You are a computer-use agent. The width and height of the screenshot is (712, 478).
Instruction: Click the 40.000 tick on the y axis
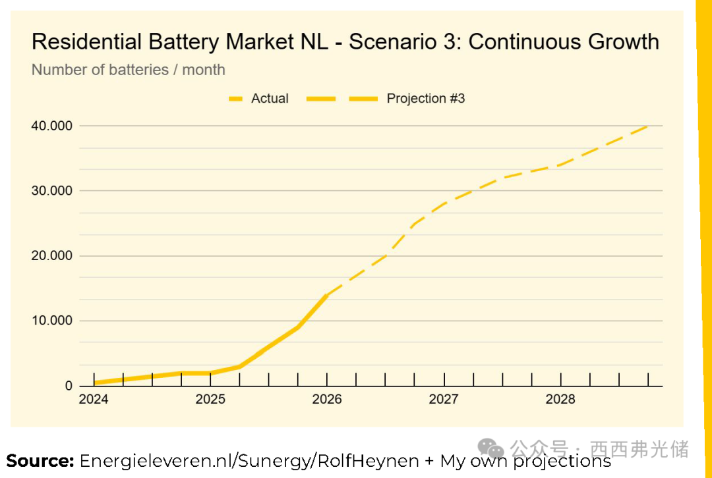[52, 126]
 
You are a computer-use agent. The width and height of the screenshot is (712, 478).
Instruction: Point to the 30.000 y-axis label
[52, 191]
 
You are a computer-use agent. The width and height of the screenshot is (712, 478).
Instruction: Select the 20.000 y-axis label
[52, 256]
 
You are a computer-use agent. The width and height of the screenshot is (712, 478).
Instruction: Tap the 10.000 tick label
[52, 321]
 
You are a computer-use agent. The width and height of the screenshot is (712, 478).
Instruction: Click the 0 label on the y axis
[69, 386]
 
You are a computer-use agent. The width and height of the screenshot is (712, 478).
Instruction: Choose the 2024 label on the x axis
[94, 400]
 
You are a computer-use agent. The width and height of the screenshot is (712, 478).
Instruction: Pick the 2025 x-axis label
[210, 400]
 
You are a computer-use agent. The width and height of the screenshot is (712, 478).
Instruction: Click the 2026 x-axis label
[327, 400]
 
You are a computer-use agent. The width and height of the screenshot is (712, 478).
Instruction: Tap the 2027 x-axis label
[444, 400]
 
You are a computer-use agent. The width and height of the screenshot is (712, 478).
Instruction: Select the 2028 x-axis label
[560, 400]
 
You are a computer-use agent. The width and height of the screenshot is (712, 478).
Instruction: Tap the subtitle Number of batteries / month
[129, 70]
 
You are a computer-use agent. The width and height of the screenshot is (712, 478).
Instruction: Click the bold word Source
[40, 461]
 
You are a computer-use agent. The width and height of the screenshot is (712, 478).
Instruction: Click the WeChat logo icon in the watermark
[492, 449]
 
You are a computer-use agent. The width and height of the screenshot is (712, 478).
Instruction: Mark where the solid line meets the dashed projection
[327, 296]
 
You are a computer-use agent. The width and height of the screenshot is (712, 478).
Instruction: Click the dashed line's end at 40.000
[648, 126]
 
